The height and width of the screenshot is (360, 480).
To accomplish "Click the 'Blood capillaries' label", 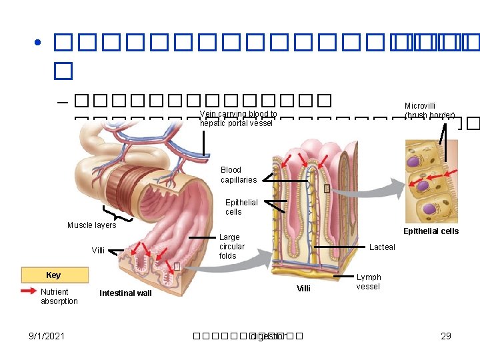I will [x=238, y=175].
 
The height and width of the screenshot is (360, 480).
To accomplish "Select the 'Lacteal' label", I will [x=382, y=247].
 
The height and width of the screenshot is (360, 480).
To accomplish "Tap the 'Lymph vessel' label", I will [x=369, y=282].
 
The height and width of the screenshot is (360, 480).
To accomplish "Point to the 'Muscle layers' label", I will [x=91, y=225].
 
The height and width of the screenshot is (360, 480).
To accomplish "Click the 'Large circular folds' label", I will [x=231, y=247].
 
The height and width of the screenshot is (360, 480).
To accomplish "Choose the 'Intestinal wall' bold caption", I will [x=125, y=293].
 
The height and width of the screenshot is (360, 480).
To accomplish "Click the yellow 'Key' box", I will [x=53, y=275].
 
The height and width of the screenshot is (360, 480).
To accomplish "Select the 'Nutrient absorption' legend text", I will [x=59, y=297].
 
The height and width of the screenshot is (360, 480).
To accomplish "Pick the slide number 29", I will [x=446, y=336].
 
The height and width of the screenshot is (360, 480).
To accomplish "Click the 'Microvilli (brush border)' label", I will [x=429, y=111].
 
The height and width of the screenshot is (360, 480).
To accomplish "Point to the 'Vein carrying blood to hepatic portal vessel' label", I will [x=238, y=119].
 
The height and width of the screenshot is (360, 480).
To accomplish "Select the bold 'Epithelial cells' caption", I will [x=431, y=231].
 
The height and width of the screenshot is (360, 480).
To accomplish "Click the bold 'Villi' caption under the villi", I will [x=303, y=289].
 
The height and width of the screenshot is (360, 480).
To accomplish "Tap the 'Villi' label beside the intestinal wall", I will [x=98, y=251].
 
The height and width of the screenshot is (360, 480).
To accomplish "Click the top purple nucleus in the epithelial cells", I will [x=413, y=161].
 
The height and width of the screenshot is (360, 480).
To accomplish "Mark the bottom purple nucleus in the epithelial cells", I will [x=431, y=209].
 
